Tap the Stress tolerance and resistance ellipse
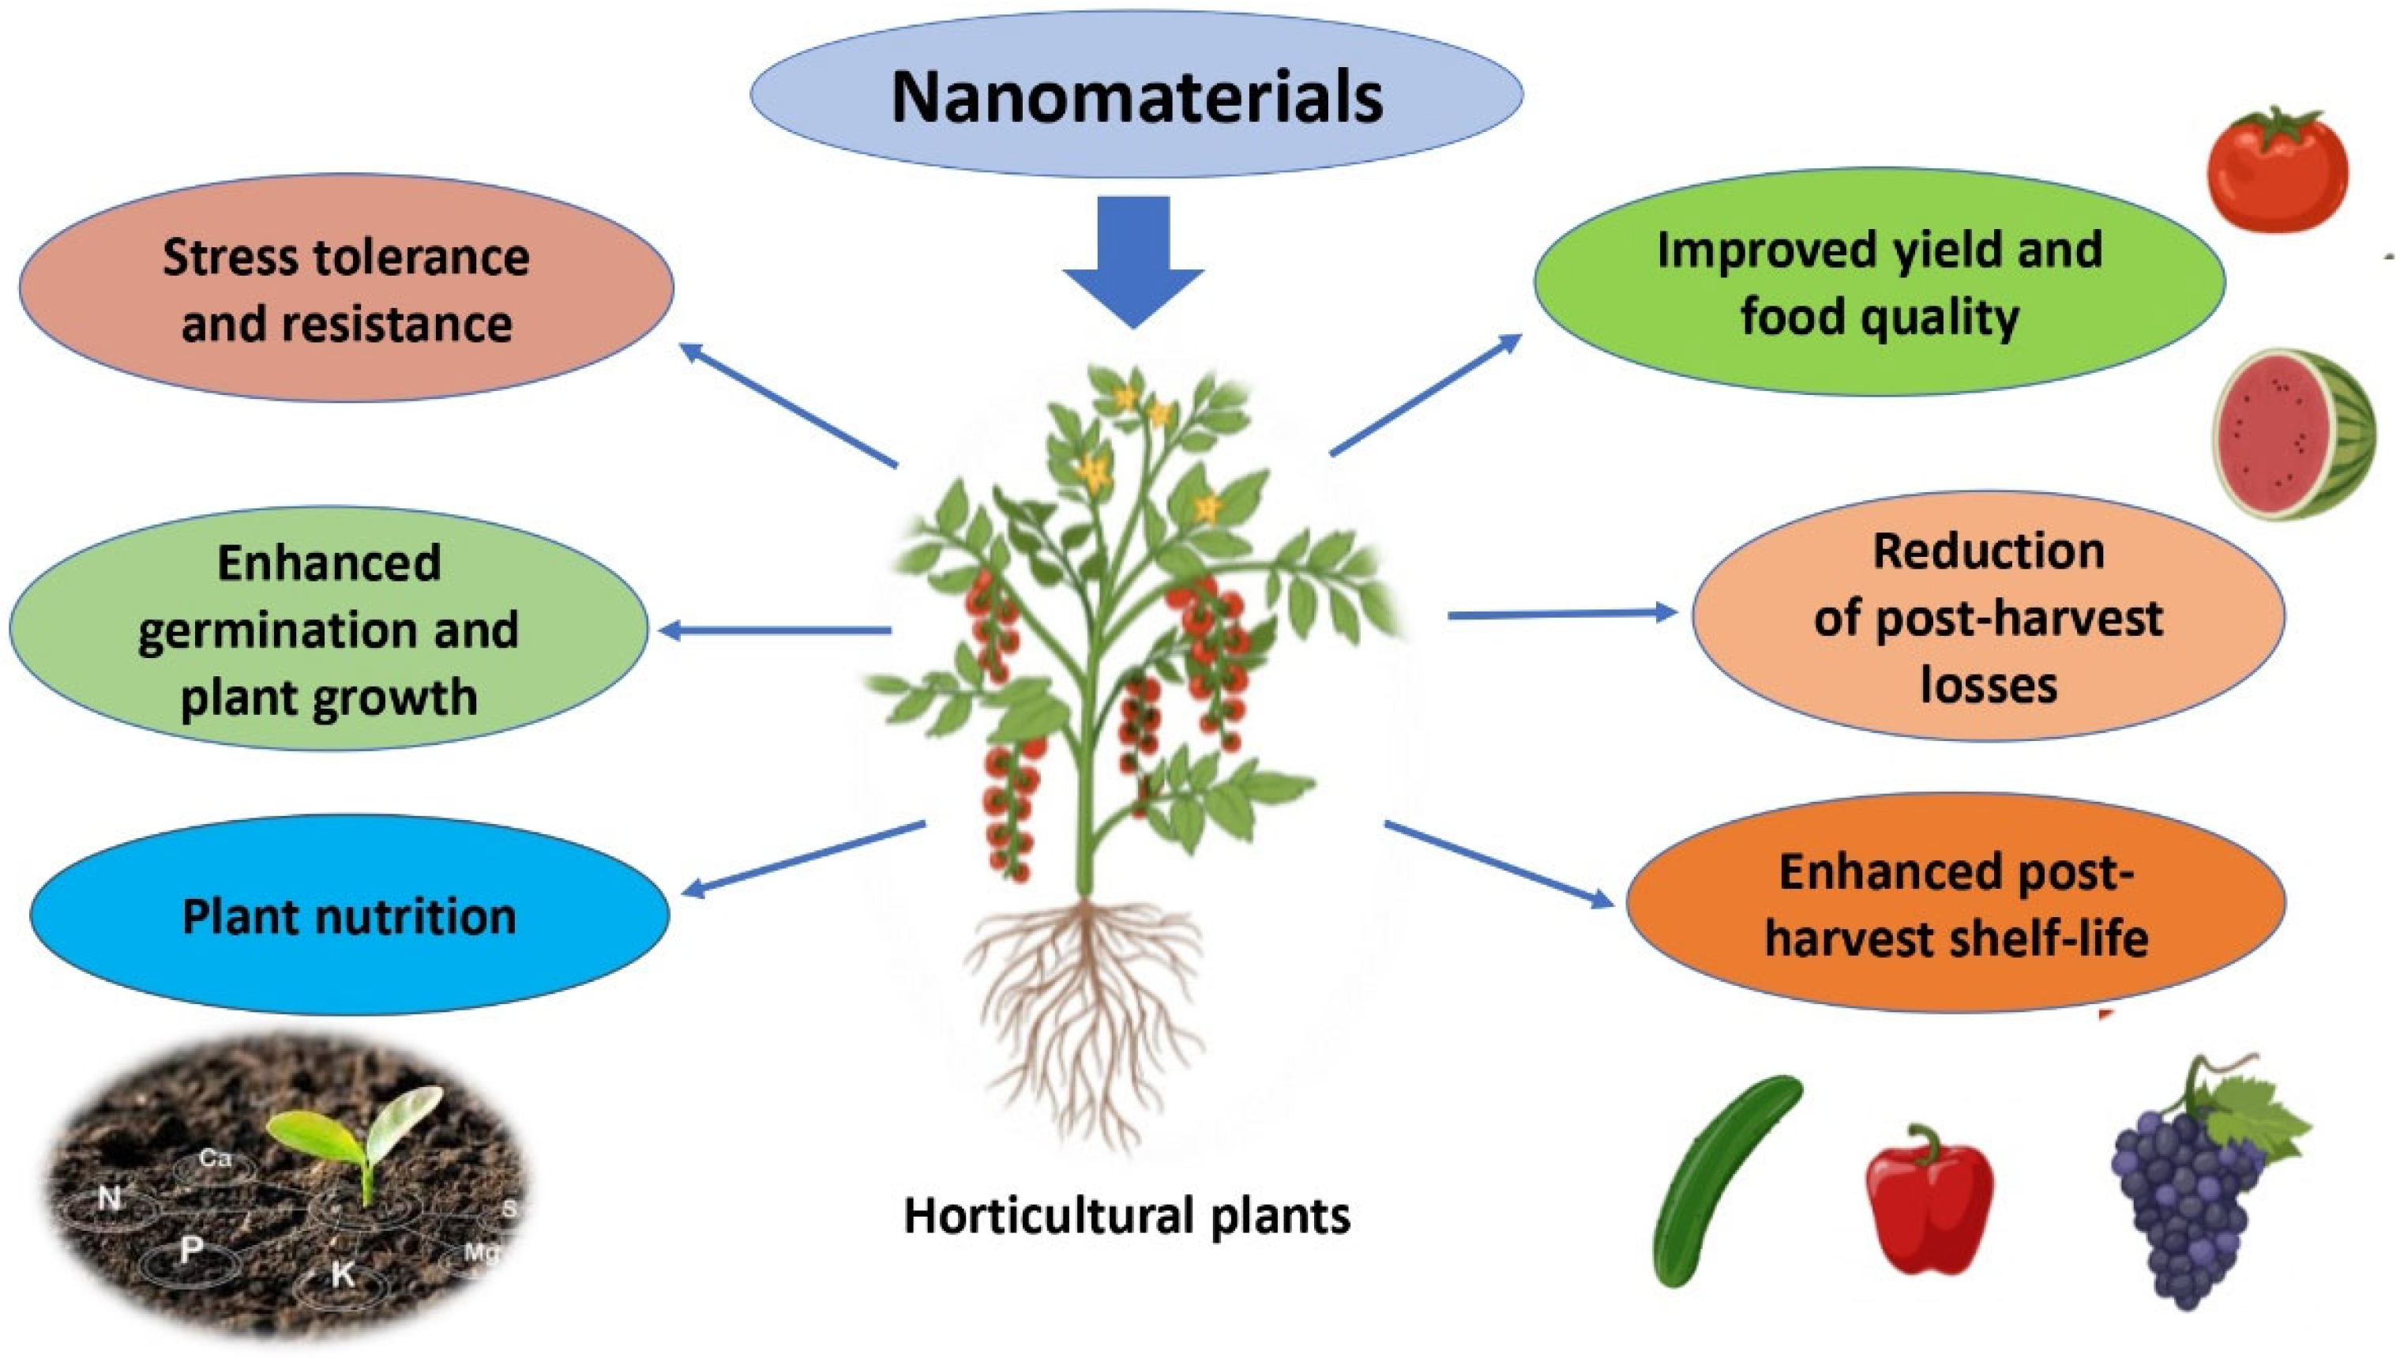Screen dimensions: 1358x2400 click(346, 289)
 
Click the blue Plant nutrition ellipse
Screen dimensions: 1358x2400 click(350, 915)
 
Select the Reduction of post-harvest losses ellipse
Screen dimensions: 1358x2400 click(1987, 616)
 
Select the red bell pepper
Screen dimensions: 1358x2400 click(1929, 1203)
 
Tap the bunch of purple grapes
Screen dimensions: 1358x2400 click(2192, 1203)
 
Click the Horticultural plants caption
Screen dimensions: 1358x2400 click(1126, 1215)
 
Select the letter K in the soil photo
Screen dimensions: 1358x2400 click(342, 1273)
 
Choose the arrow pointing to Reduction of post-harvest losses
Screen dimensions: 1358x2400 click(1562, 614)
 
